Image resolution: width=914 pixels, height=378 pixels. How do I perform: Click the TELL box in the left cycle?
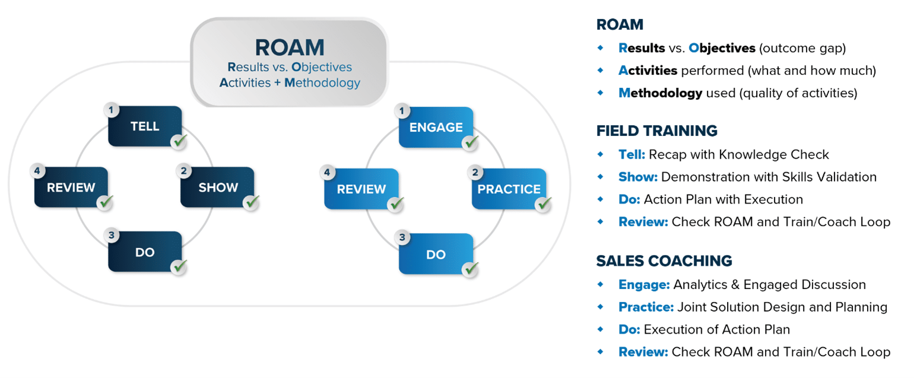[145, 126]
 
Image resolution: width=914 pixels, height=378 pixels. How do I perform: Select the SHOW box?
[217, 188]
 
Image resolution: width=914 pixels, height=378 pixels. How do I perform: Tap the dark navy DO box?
[145, 252]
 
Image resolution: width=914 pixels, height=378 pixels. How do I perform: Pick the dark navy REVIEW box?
[71, 188]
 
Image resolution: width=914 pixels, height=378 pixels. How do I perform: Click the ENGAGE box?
[436, 127]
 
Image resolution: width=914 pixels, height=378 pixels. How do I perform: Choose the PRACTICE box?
[509, 189]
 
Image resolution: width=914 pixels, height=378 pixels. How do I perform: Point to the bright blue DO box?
[436, 254]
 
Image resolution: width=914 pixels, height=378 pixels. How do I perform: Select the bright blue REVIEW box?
[361, 189]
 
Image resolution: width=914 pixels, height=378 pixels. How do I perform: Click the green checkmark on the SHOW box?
[252, 202]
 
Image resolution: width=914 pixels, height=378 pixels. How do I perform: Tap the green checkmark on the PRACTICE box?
[543, 204]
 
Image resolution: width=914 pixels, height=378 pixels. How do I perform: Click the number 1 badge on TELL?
[111, 109]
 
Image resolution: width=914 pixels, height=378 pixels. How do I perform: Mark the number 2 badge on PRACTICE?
[475, 173]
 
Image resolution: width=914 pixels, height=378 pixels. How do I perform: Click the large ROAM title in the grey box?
[290, 47]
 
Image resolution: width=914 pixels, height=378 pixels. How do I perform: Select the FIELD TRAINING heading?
[656, 131]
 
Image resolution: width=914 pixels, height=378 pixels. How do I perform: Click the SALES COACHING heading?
[664, 261]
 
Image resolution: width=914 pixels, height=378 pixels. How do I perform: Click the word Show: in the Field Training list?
[637, 177]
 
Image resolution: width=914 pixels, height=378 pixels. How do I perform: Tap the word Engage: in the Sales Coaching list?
[644, 285]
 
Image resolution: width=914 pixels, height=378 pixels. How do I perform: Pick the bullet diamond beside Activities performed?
[601, 71]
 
